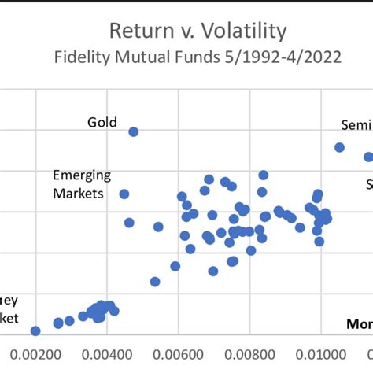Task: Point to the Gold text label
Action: [102, 122]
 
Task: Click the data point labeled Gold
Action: [134, 131]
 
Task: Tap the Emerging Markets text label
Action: [81, 183]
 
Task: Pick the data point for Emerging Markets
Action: [124, 194]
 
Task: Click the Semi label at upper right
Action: [356, 125]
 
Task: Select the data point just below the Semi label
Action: [340, 147]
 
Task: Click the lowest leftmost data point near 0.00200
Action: [35, 331]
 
